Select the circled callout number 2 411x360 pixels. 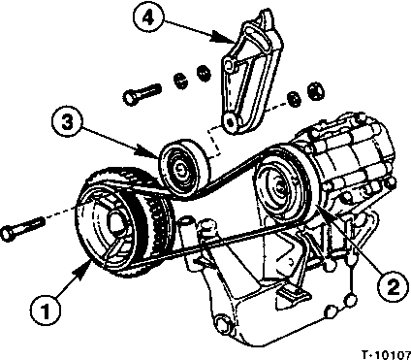[x=393, y=287]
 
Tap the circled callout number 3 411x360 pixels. [x=67, y=122]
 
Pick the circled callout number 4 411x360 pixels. [x=147, y=17]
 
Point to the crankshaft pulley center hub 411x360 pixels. [x=116, y=224]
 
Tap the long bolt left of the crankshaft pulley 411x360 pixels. [x=22, y=228]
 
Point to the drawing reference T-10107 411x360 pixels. [x=386, y=355]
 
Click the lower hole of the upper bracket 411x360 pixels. [x=230, y=122]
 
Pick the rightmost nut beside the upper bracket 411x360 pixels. [x=316, y=90]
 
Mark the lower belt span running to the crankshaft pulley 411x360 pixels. [x=206, y=246]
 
